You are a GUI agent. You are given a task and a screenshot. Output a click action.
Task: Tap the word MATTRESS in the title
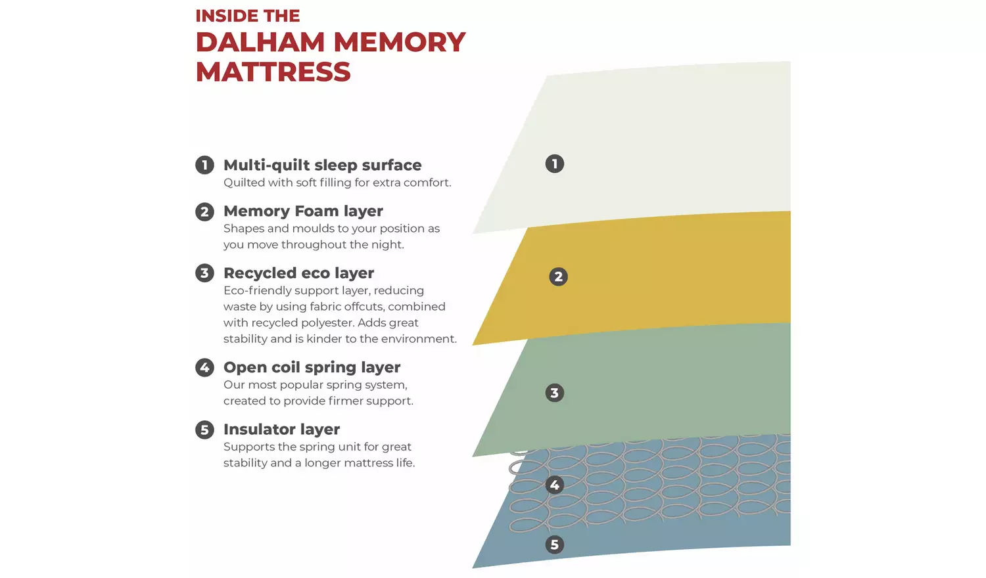click(x=273, y=72)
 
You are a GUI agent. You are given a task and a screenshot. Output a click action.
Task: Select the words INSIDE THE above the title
click(x=247, y=16)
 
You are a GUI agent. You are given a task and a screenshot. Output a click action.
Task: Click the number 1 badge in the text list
click(x=204, y=165)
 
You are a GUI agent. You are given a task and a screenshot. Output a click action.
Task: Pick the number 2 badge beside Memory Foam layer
click(x=204, y=211)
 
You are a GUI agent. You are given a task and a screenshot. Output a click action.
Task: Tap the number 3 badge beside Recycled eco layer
click(x=204, y=273)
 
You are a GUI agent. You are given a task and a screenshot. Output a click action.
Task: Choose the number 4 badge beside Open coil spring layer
click(x=204, y=367)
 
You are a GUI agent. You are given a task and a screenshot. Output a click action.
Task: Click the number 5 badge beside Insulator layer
click(x=204, y=430)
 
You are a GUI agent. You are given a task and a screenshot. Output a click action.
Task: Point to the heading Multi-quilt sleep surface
click(x=322, y=165)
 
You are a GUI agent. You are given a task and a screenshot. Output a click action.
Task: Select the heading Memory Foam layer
click(x=303, y=211)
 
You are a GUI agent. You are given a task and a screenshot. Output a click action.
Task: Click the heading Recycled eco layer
click(x=298, y=273)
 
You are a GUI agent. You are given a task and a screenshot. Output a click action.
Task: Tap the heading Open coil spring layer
click(x=312, y=367)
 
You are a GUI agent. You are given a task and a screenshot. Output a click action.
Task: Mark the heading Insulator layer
click(x=281, y=429)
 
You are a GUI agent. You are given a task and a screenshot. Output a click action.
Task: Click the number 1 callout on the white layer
click(x=555, y=164)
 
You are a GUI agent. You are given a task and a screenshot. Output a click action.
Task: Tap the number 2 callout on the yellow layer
click(x=558, y=277)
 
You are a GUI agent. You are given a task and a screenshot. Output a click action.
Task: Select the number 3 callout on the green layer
click(x=555, y=393)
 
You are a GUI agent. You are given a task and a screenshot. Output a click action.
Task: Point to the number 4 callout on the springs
click(x=555, y=485)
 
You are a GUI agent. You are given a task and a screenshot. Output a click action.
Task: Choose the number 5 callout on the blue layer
click(x=555, y=545)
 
